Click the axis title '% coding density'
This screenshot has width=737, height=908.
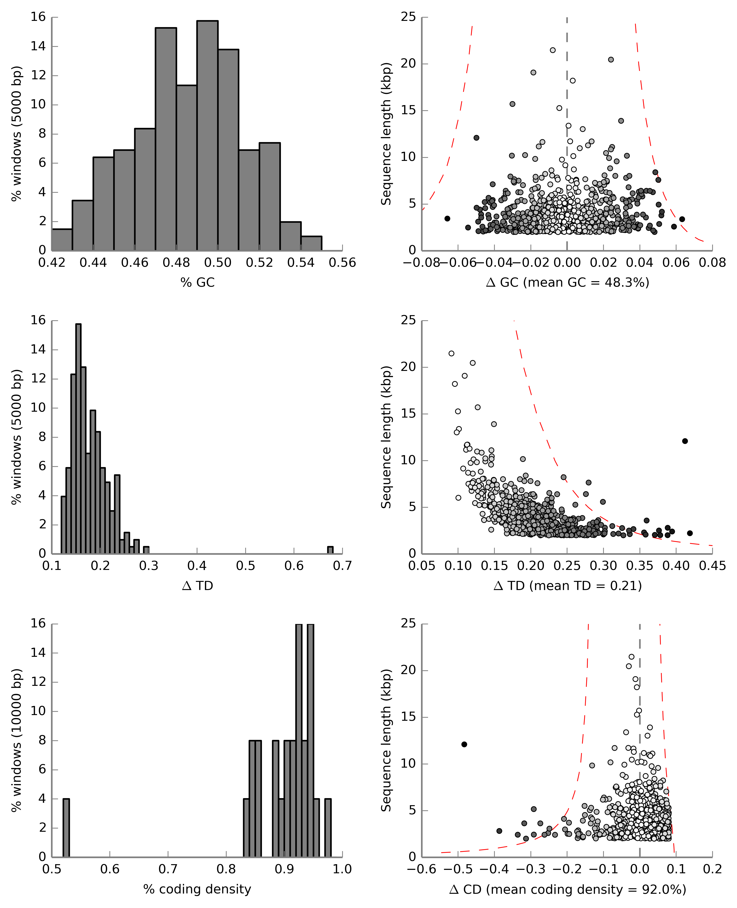click(197, 889)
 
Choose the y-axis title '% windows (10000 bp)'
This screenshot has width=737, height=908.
click(16, 740)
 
